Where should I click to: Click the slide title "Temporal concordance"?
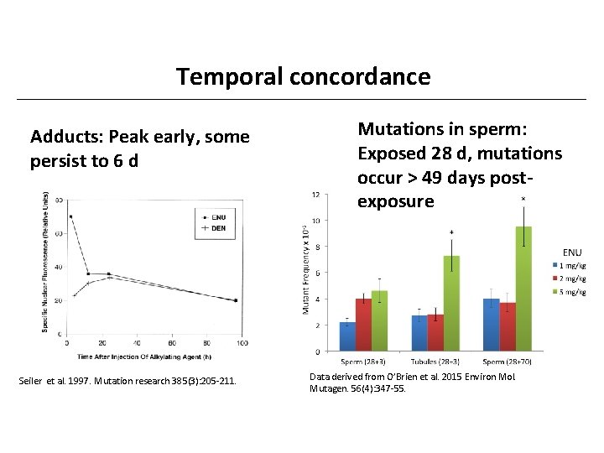[x=303, y=77]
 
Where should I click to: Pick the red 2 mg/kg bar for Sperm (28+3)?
[x=363, y=325]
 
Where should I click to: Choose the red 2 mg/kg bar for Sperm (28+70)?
[x=508, y=326]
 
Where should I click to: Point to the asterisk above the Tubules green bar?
[x=451, y=232]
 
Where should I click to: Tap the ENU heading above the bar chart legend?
[x=572, y=252]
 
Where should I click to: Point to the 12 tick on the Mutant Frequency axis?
[x=315, y=195]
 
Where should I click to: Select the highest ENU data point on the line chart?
[x=70, y=216]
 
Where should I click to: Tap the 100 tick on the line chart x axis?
[x=244, y=343]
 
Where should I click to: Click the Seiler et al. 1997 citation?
[x=128, y=383]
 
